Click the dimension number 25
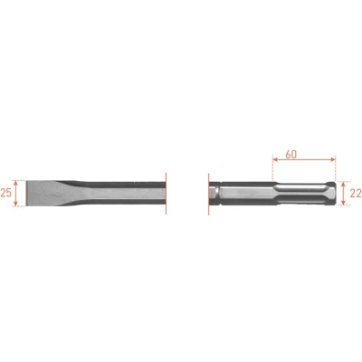(5, 193)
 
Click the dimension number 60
(291, 154)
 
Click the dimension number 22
(356, 194)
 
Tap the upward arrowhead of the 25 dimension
(16, 183)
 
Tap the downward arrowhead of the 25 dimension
(16, 204)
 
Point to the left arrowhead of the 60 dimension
(275, 159)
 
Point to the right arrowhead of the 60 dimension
(333, 159)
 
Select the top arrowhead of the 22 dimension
(343, 184)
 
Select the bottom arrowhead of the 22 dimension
(343, 203)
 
